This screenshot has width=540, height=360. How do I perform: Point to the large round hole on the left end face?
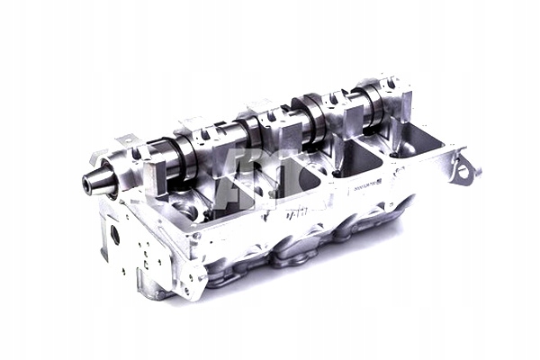(x=114, y=237)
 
